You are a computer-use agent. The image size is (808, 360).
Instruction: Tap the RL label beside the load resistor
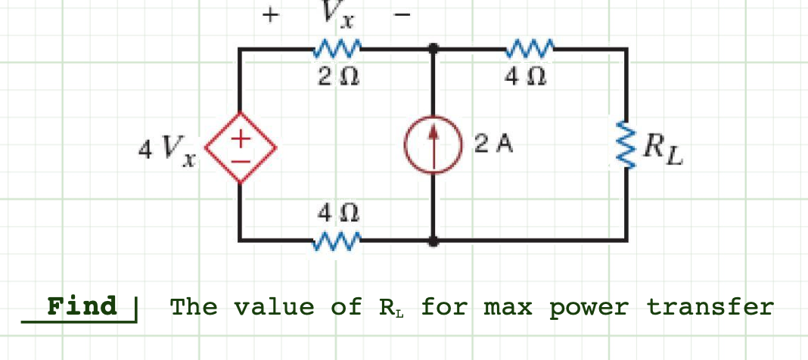(x=663, y=149)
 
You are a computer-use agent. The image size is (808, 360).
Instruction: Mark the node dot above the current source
(x=433, y=49)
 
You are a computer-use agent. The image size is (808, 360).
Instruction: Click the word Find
(x=82, y=306)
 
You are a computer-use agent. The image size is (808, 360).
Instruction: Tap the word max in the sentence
(x=508, y=307)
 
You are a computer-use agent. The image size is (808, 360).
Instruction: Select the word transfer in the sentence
(x=710, y=307)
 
